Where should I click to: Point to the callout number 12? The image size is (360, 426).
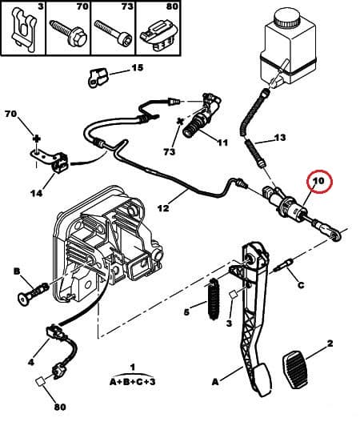point(162,209)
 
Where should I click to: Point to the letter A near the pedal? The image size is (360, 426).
point(215,382)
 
